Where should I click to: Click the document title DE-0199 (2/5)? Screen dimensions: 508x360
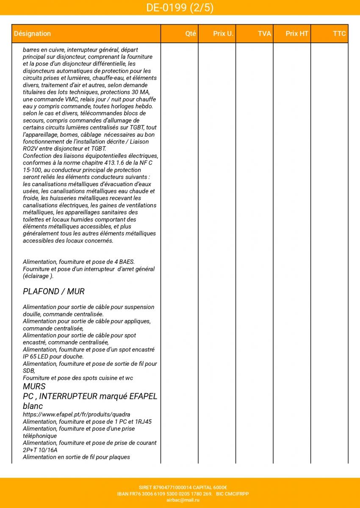click(180, 8)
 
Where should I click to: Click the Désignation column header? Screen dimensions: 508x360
click(32, 34)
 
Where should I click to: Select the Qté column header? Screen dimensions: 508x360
click(191, 34)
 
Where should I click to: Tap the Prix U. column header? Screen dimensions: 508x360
click(223, 34)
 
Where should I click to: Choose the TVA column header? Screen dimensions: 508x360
click(264, 34)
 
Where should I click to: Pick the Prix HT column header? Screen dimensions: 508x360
click(297, 34)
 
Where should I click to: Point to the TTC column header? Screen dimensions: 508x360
click(339, 34)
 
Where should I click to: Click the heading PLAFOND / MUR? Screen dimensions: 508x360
click(54, 292)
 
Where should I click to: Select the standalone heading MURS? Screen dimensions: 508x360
click(34, 387)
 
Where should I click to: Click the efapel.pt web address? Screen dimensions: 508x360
click(76, 414)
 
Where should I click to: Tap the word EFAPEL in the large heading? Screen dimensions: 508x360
click(142, 397)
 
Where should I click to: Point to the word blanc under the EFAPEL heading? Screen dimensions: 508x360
click(33, 406)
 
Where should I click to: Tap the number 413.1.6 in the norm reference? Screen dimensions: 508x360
click(114, 163)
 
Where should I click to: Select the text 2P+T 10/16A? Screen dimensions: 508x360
click(40, 450)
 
